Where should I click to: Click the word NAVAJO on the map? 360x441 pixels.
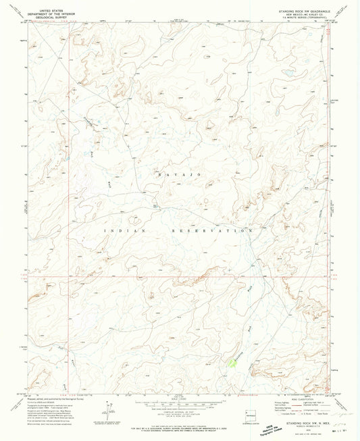(x=180, y=175)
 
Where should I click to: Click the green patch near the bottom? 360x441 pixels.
(x=234, y=362)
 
